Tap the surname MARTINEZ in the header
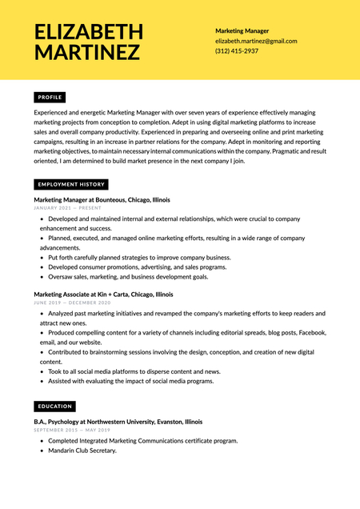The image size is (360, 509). pyautogui.click(x=87, y=53)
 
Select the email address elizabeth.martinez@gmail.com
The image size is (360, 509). pyautogui.click(x=256, y=41)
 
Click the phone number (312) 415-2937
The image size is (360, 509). pyautogui.click(x=237, y=50)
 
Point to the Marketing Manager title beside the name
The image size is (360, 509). pyautogui.click(x=242, y=30)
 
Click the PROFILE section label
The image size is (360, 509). pyautogui.click(x=50, y=97)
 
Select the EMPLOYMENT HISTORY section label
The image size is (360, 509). pyautogui.click(x=71, y=184)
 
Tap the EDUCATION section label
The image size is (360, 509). pyautogui.click(x=54, y=407)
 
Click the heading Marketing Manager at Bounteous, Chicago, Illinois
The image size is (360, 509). pyautogui.click(x=102, y=199)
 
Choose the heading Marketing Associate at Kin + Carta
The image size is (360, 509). pyautogui.click(x=103, y=295)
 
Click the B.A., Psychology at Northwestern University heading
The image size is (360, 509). pyautogui.click(x=118, y=421)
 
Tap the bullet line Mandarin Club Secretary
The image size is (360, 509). pyautogui.click(x=82, y=451)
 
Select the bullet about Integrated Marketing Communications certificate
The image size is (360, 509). pyautogui.click(x=142, y=440)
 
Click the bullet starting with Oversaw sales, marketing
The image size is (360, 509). pyautogui.click(x=127, y=277)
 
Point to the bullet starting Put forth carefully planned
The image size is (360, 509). pyautogui.click(x=138, y=258)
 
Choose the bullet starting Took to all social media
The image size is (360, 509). pyautogui.click(x=134, y=371)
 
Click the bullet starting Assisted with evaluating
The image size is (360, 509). pyautogui.click(x=130, y=381)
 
